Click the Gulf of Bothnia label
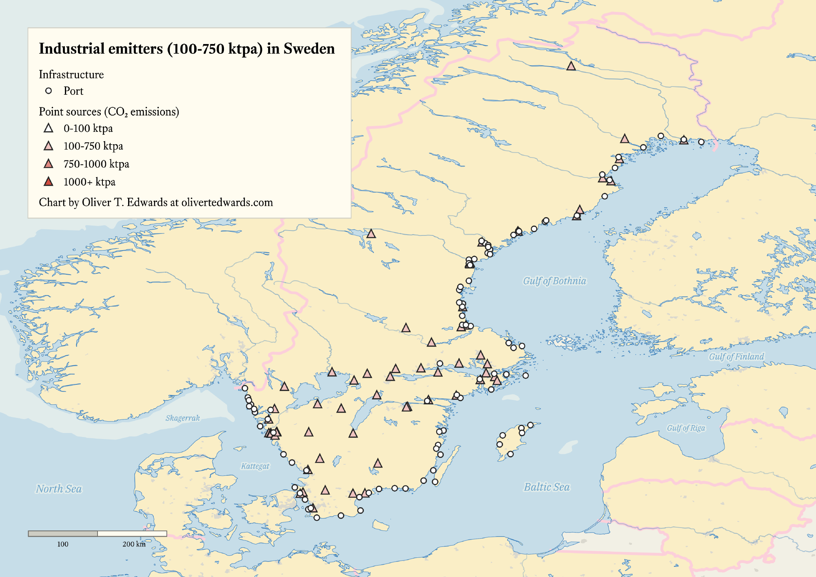554,281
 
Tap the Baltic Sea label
546,487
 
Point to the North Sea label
59,488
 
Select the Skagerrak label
182,418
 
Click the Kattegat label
255,466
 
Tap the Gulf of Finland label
736,356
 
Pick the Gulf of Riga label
686,428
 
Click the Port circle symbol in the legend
49,91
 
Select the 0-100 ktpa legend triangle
49,128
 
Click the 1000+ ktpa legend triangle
49,182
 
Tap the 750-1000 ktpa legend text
96,164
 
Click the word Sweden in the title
309,49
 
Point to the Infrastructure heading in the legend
71,74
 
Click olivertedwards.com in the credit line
227,202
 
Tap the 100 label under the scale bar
62,544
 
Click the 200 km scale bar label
134,544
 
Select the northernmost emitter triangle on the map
571,66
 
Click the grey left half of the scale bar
63,533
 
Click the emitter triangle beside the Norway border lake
370,234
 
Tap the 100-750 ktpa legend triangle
49,146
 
